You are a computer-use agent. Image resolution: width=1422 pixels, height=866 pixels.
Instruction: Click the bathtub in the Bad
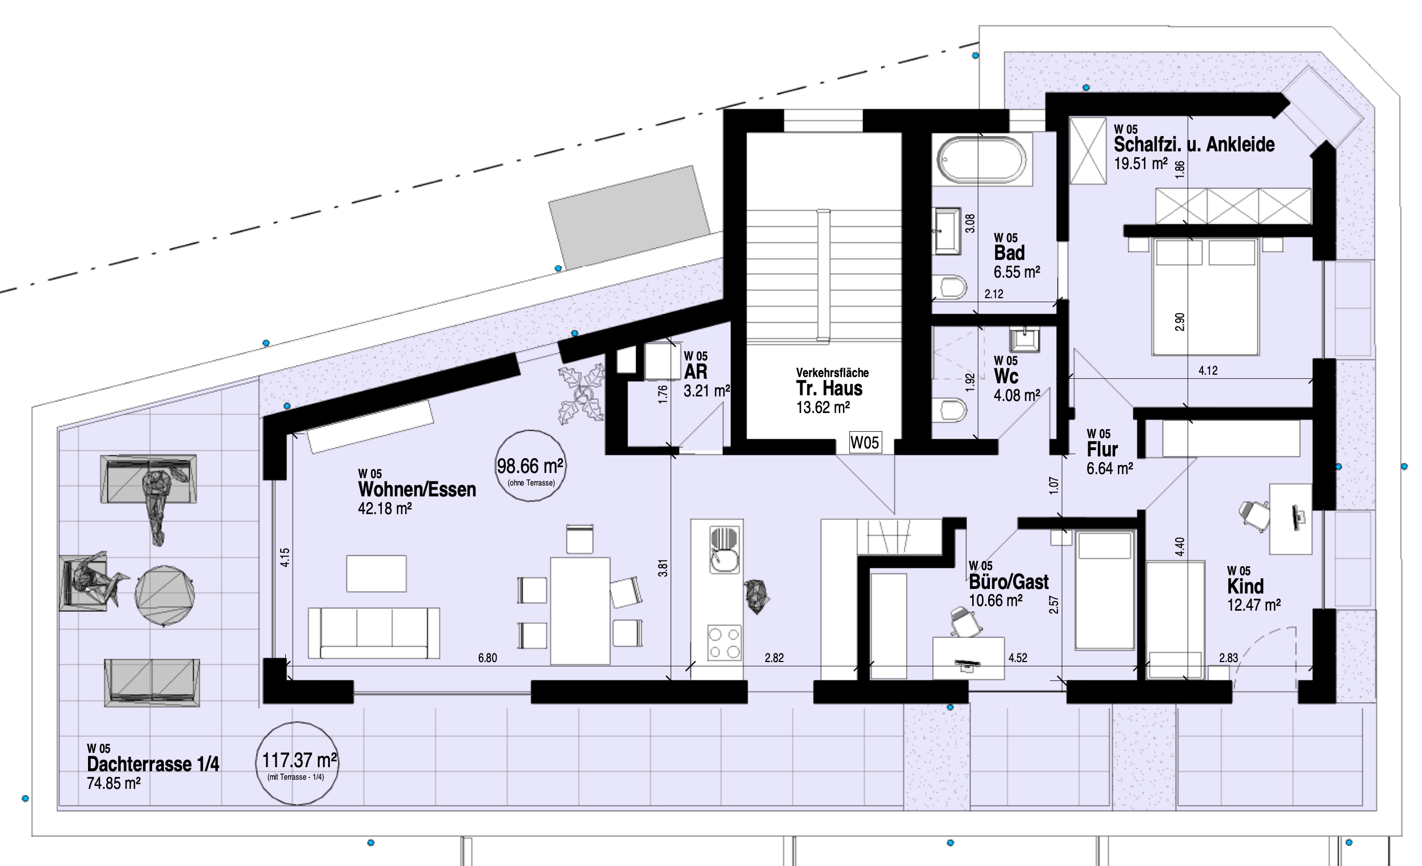click(x=982, y=159)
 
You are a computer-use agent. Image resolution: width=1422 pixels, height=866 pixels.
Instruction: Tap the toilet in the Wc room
click(x=949, y=410)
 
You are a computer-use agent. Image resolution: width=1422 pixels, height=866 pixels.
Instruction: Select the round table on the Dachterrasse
click(x=165, y=595)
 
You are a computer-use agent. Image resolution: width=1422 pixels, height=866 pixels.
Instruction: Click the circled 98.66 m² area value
click(x=530, y=465)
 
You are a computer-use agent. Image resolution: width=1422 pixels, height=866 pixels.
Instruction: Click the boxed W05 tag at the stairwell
click(x=865, y=443)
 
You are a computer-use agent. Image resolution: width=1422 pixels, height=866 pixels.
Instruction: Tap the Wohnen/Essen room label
click(x=417, y=489)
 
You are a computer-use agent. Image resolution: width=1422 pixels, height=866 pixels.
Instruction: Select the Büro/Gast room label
click(x=1009, y=582)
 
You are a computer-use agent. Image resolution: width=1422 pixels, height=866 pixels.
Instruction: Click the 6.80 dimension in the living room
click(x=487, y=657)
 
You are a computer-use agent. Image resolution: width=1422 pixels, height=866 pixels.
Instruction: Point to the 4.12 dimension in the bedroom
click(x=1208, y=370)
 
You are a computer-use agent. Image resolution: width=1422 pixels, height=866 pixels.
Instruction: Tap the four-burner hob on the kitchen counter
click(x=724, y=643)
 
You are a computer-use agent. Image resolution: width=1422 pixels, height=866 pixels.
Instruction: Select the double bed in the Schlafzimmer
click(x=1205, y=296)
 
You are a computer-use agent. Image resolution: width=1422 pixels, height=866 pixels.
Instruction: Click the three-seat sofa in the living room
click(x=373, y=633)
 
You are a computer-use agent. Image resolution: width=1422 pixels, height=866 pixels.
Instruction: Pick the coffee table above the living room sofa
click(x=376, y=574)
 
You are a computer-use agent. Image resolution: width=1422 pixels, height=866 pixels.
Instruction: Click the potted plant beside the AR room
click(x=581, y=394)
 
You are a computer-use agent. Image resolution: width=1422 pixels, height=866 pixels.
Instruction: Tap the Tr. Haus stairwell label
click(x=829, y=388)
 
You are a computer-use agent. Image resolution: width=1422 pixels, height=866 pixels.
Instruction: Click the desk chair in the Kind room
click(x=1253, y=513)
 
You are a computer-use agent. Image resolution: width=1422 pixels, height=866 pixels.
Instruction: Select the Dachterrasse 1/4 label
click(x=153, y=764)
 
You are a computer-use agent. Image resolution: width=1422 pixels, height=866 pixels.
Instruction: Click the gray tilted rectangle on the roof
click(x=629, y=218)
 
